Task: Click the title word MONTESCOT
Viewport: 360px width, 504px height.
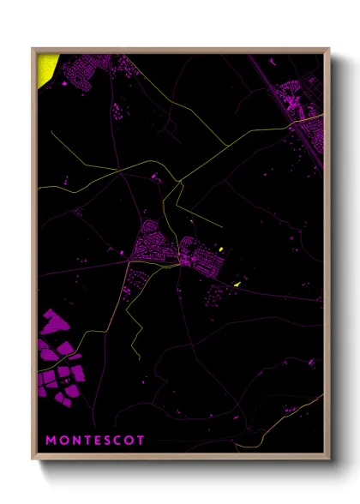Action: click(x=94, y=440)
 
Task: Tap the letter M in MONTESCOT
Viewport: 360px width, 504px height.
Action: click(x=50, y=440)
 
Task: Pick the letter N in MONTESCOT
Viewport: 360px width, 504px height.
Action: click(x=74, y=440)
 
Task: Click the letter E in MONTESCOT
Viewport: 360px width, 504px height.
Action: click(x=94, y=440)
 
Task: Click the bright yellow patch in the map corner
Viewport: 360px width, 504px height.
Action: click(x=48, y=69)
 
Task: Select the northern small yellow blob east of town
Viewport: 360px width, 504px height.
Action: click(x=221, y=249)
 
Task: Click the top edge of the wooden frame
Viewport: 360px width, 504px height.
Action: click(x=180, y=49)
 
